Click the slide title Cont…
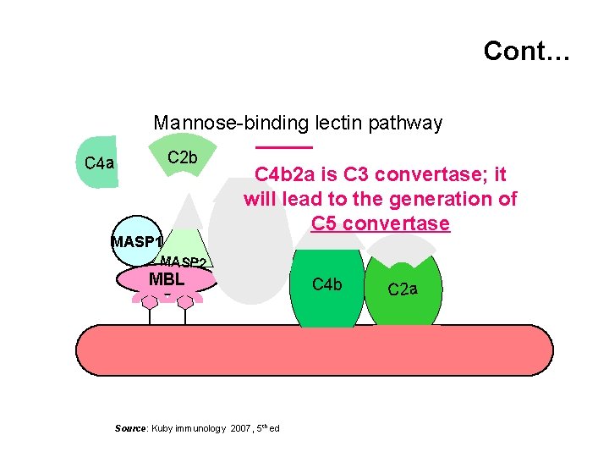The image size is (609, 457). [x=527, y=52]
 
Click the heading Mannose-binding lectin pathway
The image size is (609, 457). [x=298, y=124]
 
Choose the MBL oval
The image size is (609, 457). [x=167, y=278]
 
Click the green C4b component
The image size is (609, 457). [x=326, y=288]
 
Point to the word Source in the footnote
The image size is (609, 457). [x=130, y=429]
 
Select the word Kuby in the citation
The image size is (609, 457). [x=163, y=429]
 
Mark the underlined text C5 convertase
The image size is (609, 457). [x=380, y=224]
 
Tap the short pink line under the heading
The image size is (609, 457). [x=277, y=150]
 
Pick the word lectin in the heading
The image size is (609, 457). [x=335, y=124]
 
